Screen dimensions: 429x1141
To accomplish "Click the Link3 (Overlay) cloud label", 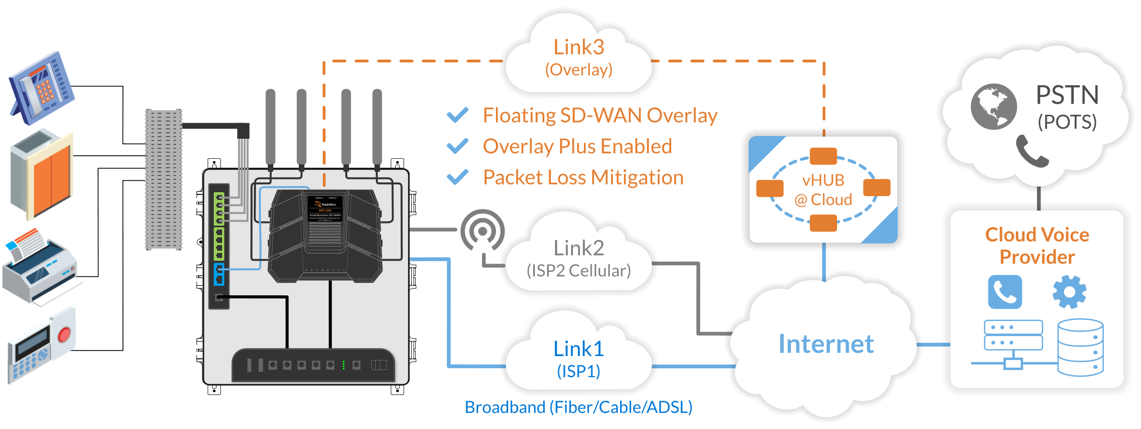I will [579, 57].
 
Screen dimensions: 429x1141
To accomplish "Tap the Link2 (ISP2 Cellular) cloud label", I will [579, 259].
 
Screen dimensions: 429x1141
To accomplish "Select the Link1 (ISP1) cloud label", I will [579, 359].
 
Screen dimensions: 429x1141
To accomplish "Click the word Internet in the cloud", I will [826, 344].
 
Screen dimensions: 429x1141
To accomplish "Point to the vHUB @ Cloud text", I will [823, 190].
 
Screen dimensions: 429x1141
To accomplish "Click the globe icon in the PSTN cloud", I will [994, 106].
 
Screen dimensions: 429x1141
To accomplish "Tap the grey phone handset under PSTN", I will [1031, 150].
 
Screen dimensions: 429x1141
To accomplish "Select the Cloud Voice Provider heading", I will [1037, 246].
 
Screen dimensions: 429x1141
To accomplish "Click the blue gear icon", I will [1069, 292].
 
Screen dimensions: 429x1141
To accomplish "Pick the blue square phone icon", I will [1005, 292].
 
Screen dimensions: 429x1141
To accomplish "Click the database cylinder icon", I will [1080, 347].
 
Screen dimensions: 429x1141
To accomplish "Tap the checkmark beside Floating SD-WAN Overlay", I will [458, 115].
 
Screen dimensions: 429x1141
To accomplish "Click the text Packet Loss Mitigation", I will [583, 177].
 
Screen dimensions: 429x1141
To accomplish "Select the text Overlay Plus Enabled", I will [577, 147].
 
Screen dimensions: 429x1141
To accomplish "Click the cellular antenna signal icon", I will [482, 230].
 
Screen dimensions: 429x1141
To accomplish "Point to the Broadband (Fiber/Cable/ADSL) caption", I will [578, 407].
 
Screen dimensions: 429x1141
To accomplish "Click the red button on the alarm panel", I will [64, 334].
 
